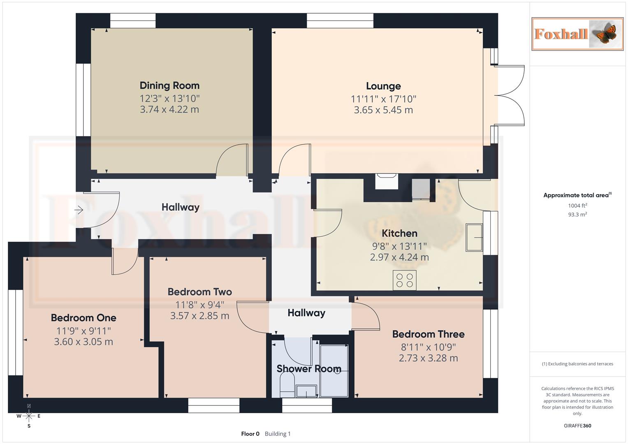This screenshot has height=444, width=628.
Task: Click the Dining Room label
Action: (169, 86)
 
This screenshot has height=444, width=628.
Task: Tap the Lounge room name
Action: (383, 86)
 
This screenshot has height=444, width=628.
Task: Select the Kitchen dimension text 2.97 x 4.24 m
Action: (399, 257)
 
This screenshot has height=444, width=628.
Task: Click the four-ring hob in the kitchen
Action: (404, 280)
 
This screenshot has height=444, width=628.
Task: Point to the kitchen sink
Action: (474, 237)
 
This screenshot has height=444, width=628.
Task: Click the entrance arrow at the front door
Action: (79, 210)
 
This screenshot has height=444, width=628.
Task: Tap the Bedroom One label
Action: (83, 318)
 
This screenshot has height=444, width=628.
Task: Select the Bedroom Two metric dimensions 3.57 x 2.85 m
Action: (200, 316)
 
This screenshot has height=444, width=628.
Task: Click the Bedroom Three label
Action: (428, 334)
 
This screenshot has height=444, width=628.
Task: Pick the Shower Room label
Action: (309, 369)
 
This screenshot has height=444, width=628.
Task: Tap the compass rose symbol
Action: (29, 416)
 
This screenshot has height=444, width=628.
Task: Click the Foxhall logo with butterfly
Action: (577, 34)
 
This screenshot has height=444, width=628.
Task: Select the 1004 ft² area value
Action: (577, 206)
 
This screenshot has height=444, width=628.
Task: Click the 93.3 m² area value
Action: (577, 215)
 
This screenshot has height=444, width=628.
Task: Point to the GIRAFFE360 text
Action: (577, 426)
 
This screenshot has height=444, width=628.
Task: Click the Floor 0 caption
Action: (250, 434)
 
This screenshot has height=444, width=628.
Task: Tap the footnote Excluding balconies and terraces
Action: (577, 364)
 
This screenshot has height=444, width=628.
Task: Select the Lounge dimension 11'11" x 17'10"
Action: (383, 99)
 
